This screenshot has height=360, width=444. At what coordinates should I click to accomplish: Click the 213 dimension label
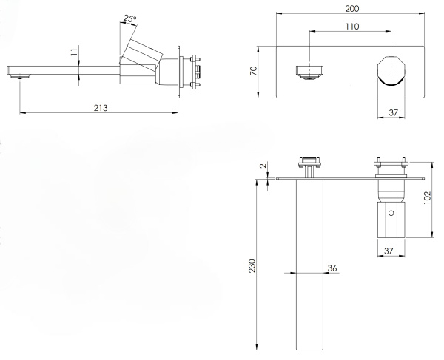click(101, 108)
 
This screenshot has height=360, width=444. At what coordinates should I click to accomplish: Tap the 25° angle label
click(130, 19)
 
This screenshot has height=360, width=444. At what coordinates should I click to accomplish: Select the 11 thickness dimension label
click(73, 52)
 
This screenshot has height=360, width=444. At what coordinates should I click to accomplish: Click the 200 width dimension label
click(352, 9)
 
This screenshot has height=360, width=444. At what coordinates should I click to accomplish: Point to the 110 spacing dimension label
click(352, 27)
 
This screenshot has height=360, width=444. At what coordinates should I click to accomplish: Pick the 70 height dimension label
click(253, 70)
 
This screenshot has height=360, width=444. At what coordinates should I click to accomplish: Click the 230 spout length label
click(252, 265)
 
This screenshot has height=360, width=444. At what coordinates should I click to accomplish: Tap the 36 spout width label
click(332, 268)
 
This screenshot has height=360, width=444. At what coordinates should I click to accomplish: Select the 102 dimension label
click(427, 197)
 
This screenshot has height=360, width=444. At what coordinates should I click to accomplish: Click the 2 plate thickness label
click(263, 166)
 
